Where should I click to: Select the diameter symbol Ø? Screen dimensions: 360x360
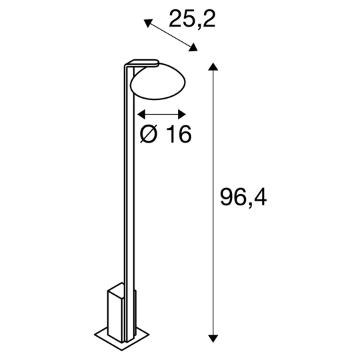(150, 134)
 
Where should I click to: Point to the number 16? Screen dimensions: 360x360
(179, 134)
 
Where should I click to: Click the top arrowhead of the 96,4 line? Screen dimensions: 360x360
(213, 67)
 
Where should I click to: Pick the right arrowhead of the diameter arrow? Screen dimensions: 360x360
(184, 113)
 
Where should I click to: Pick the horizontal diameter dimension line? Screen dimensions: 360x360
(163, 113)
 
